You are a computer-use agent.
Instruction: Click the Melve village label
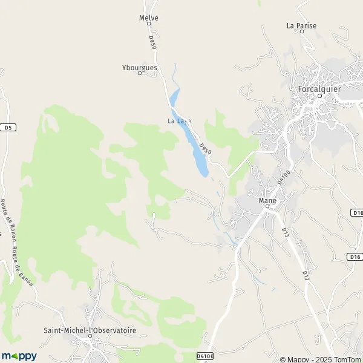[148, 18]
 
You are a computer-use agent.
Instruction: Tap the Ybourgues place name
[139, 68]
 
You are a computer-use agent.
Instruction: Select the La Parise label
[301, 25]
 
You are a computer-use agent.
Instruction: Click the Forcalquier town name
[319, 89]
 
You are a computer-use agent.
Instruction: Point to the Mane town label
[267, 200]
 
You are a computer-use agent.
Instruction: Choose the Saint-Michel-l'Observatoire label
[90, 330]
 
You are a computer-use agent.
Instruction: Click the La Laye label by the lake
[179, 121]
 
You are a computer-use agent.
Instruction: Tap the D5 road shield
[7, 128]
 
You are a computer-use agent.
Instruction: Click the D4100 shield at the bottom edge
[206, 356]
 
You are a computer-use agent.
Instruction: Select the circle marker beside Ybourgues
[139, 74]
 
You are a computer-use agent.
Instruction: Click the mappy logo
[19, 356]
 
